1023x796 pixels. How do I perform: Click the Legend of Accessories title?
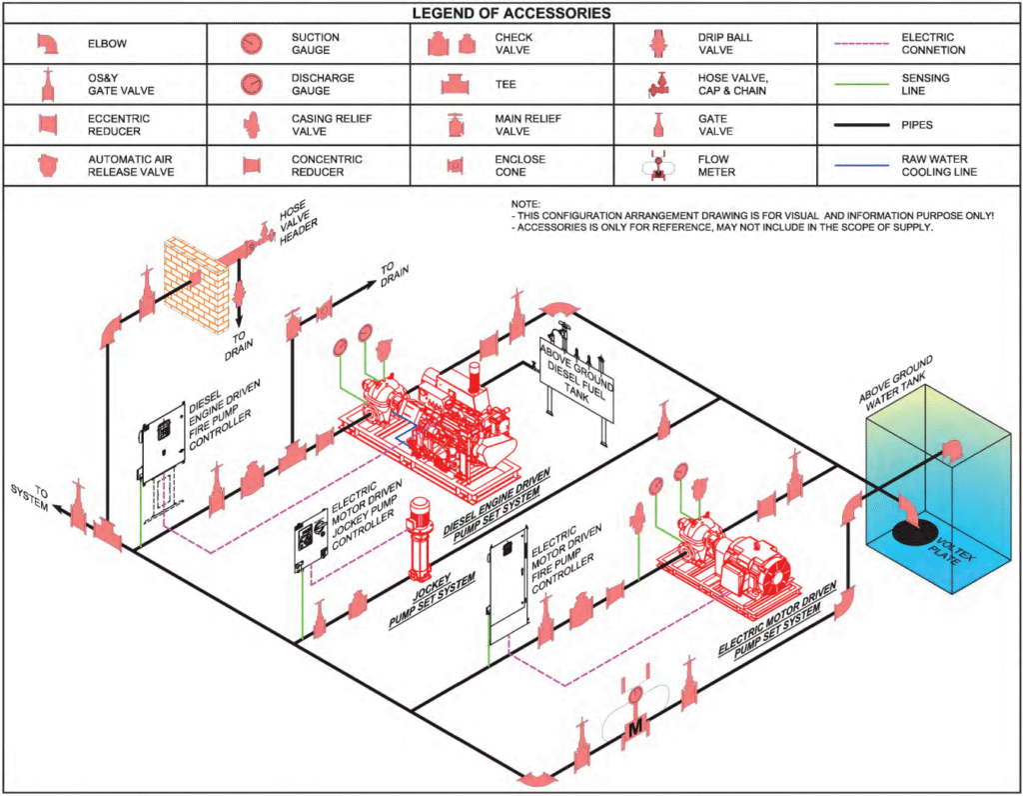511,13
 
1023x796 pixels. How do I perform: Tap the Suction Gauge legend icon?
251,44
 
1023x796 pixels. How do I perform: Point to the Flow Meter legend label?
713,166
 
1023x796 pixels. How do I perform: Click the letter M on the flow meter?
634,729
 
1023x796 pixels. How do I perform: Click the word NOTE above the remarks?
524,203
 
